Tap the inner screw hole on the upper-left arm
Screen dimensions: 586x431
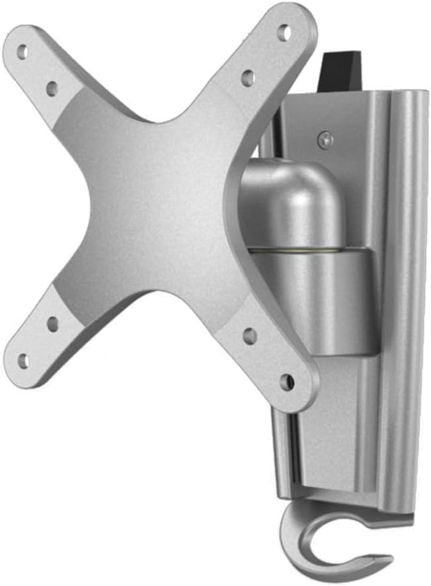pyautogui.click(x=52, y=87)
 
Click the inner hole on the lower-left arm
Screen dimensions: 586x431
pyautogui.click(x=52, y=324)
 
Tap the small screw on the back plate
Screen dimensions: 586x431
pyautogui.click(x=323, y=139)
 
